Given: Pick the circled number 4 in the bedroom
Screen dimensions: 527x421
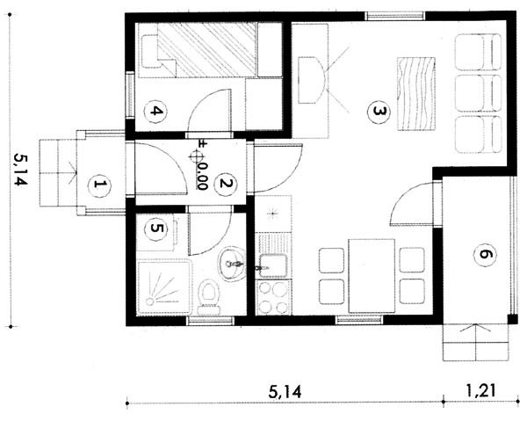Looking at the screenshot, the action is click(x=155, y=111).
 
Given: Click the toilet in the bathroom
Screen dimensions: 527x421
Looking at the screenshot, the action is click(x=209, y=298).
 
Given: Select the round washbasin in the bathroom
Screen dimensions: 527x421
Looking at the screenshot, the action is click(x=232, y=264).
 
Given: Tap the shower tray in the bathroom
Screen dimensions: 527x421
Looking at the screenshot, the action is click(x=164, y=287).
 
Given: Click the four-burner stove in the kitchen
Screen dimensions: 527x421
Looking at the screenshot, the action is click(x=273, y=298).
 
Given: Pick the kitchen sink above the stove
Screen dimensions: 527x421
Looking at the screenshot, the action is click(x=273, y=265).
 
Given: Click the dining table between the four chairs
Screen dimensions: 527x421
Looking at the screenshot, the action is click(x=372, y=276).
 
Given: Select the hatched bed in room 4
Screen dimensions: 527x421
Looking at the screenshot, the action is click(x=206, y=50).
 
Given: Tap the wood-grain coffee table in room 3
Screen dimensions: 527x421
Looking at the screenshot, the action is click(x=416, y=93).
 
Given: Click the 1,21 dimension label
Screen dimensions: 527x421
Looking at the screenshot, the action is click(x=480, y=391).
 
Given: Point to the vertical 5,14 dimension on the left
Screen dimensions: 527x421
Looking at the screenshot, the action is click(x=19, y=171).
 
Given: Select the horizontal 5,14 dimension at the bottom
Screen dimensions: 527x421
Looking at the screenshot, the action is click(x=285, y=392).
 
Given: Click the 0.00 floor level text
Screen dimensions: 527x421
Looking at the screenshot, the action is click(x=202, y=177).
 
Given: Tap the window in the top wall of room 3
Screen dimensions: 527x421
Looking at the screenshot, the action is click(x=395, y=16).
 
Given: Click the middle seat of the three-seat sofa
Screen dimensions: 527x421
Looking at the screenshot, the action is click(x=478, y=93).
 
